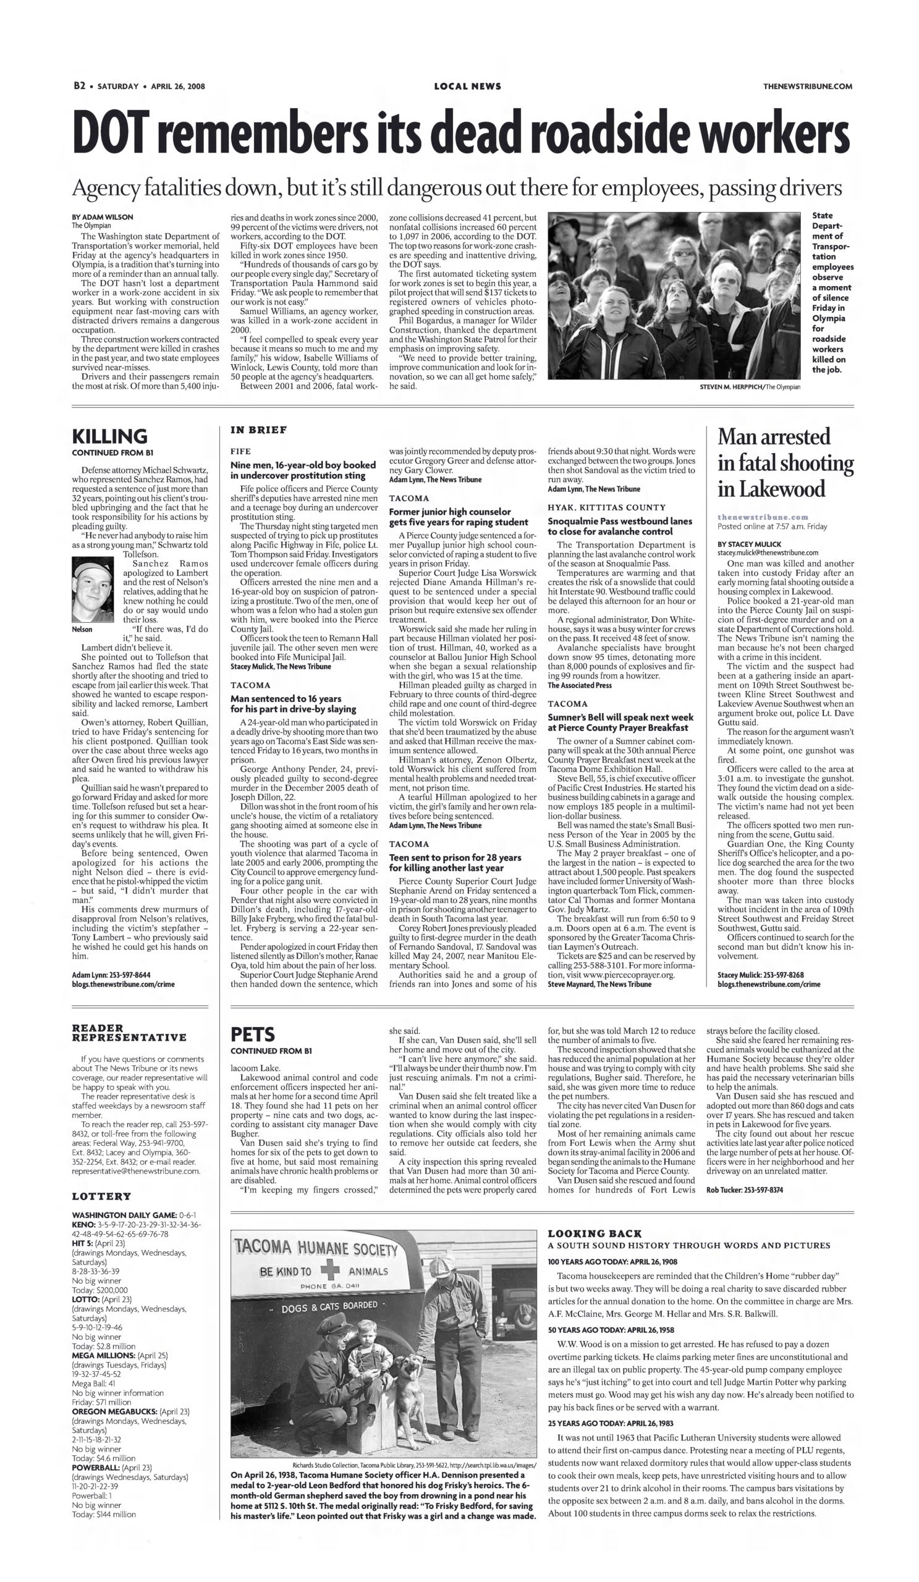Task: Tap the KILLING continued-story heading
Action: (110, 436)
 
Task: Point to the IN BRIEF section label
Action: (258, 430)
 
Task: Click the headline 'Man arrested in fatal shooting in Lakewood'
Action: (785, 463)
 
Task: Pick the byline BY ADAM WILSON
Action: (103, 216)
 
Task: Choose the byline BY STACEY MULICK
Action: (749, 544)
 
